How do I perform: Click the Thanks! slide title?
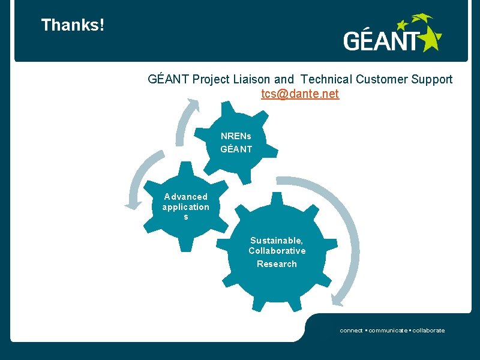73,25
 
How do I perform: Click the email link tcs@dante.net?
300,94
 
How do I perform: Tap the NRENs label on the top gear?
236,136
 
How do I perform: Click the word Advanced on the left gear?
186,197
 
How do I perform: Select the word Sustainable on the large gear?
277,240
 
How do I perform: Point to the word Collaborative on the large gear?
277,251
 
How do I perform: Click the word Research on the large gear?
277,264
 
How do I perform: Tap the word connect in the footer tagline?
351,331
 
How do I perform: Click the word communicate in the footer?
388,331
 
